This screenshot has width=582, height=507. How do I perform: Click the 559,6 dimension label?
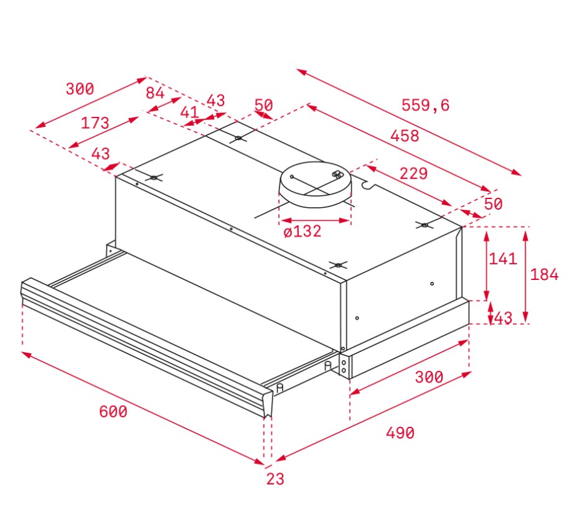pyautogui.click(x=425, y=105)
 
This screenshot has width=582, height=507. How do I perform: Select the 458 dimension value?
pyautogui.click(x=405, y=136)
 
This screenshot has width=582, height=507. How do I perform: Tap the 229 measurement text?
pyautogui.click(x=413, y=174)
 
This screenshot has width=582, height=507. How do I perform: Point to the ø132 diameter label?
pyautogui.click(x=303, y=231)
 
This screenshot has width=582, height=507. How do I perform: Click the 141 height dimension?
pyautogui.click(x=503, y=259)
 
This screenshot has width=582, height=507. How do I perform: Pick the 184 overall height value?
pyautogui.click(x=544, y=275)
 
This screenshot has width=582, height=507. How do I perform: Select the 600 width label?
pyautogui.click(x=113, y=412)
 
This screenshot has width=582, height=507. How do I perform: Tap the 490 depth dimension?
pyautogui.click(x=400, y=433)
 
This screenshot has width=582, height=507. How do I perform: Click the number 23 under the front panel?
pyautogui.click(x=275, y=479)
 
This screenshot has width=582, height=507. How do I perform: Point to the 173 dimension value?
pyautogui.click(x=95, y=123)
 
